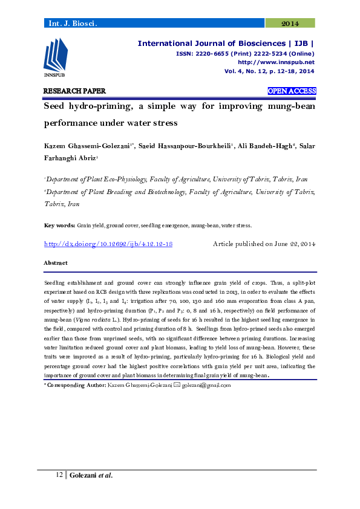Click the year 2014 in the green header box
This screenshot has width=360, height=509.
290,24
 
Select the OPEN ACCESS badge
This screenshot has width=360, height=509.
292,91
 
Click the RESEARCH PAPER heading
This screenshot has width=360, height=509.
74,91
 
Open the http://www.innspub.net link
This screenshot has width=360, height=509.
276,62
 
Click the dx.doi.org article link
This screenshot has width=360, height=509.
109,244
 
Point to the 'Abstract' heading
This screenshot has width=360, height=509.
56,263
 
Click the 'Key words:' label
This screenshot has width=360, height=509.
59,225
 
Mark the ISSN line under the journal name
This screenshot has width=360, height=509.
245,53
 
